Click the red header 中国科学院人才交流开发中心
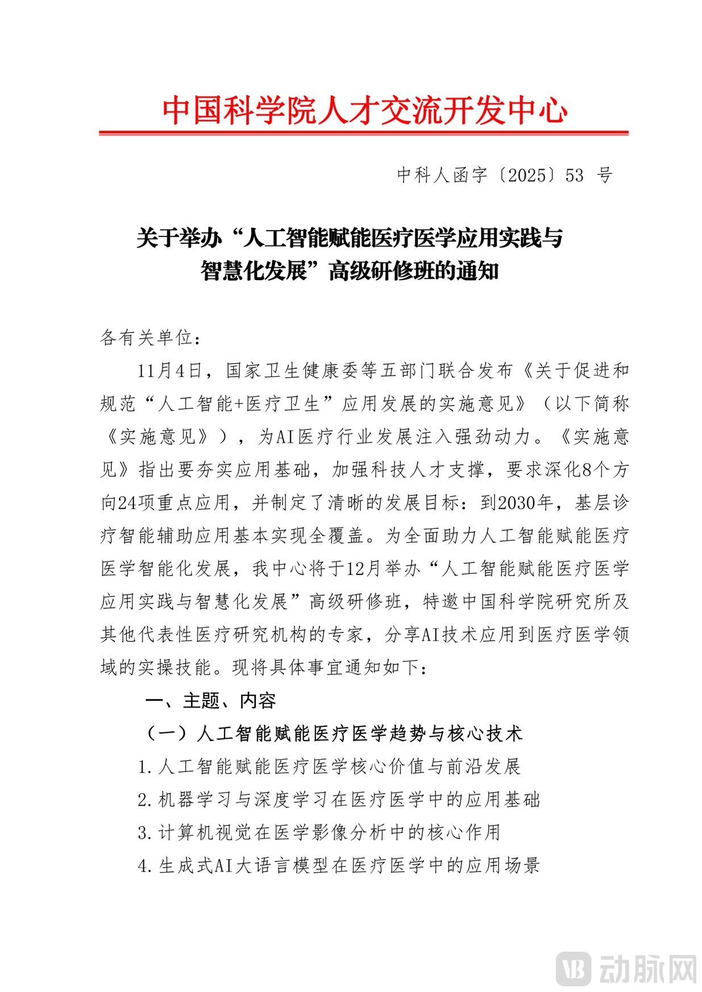(x=364, y=110)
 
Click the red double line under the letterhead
(x=364, y=133)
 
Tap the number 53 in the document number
(x=575, y=176)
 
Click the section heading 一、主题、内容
(x=211, y=701)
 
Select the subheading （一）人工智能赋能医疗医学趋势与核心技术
(x=334, y=733)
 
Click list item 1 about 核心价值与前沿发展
(x=329, y=766)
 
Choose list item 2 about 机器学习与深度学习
(x=339, y=799)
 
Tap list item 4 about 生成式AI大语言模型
(x=339, y=865)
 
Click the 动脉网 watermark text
(x=647, y=968)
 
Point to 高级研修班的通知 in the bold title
(x=413, y=271)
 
